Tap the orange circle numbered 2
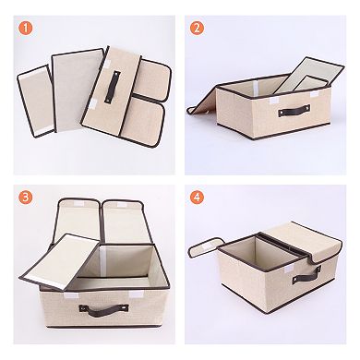197,27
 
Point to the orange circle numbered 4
197,198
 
